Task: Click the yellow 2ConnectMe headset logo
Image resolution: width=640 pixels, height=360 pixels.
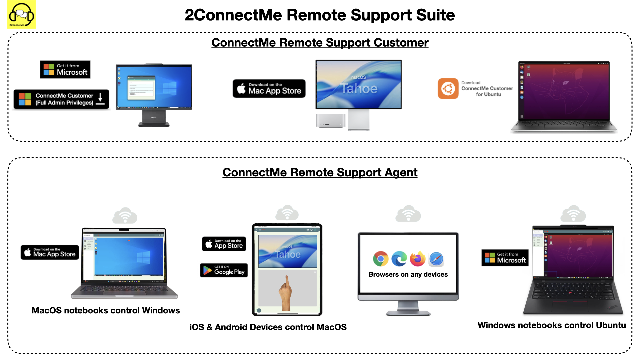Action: [x=21, y=15]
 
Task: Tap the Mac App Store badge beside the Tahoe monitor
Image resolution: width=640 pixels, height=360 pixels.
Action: [x=269, y=88]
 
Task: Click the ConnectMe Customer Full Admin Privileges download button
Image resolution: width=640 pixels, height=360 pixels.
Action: [x=61, y=99]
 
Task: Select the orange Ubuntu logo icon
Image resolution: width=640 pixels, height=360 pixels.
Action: [x=448, y=89]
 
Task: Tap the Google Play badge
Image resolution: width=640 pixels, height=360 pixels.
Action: [x=224, y=270]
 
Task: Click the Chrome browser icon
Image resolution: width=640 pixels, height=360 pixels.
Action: [x=381, y=259]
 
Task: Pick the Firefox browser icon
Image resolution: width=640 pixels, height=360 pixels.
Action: [x=418, y=259]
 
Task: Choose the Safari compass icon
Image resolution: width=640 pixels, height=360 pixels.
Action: [x=436, y=259]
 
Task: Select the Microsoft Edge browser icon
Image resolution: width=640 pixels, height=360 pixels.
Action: [x=399, y=259]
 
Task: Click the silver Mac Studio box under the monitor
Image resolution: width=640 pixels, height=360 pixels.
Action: [x=330, y=121]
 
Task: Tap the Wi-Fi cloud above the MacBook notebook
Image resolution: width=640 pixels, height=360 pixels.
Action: [x=125, y=215]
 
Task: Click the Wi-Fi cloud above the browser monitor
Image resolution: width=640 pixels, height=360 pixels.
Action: [x=408, y=214]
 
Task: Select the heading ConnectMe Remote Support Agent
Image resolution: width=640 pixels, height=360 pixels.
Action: [x=320, y=172]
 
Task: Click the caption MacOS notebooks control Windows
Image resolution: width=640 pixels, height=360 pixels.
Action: [x=106, y=310]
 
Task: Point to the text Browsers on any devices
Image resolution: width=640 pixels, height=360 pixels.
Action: [x=408, y=274]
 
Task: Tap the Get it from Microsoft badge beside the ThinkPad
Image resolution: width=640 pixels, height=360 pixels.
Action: [x=505, y=258]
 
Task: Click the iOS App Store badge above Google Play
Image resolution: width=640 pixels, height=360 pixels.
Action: [x=224, y=244]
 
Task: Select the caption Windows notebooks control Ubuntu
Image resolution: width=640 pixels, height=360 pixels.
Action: [x=552, y=325]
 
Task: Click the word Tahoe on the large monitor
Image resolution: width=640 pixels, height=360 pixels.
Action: [x=359, y=89]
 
